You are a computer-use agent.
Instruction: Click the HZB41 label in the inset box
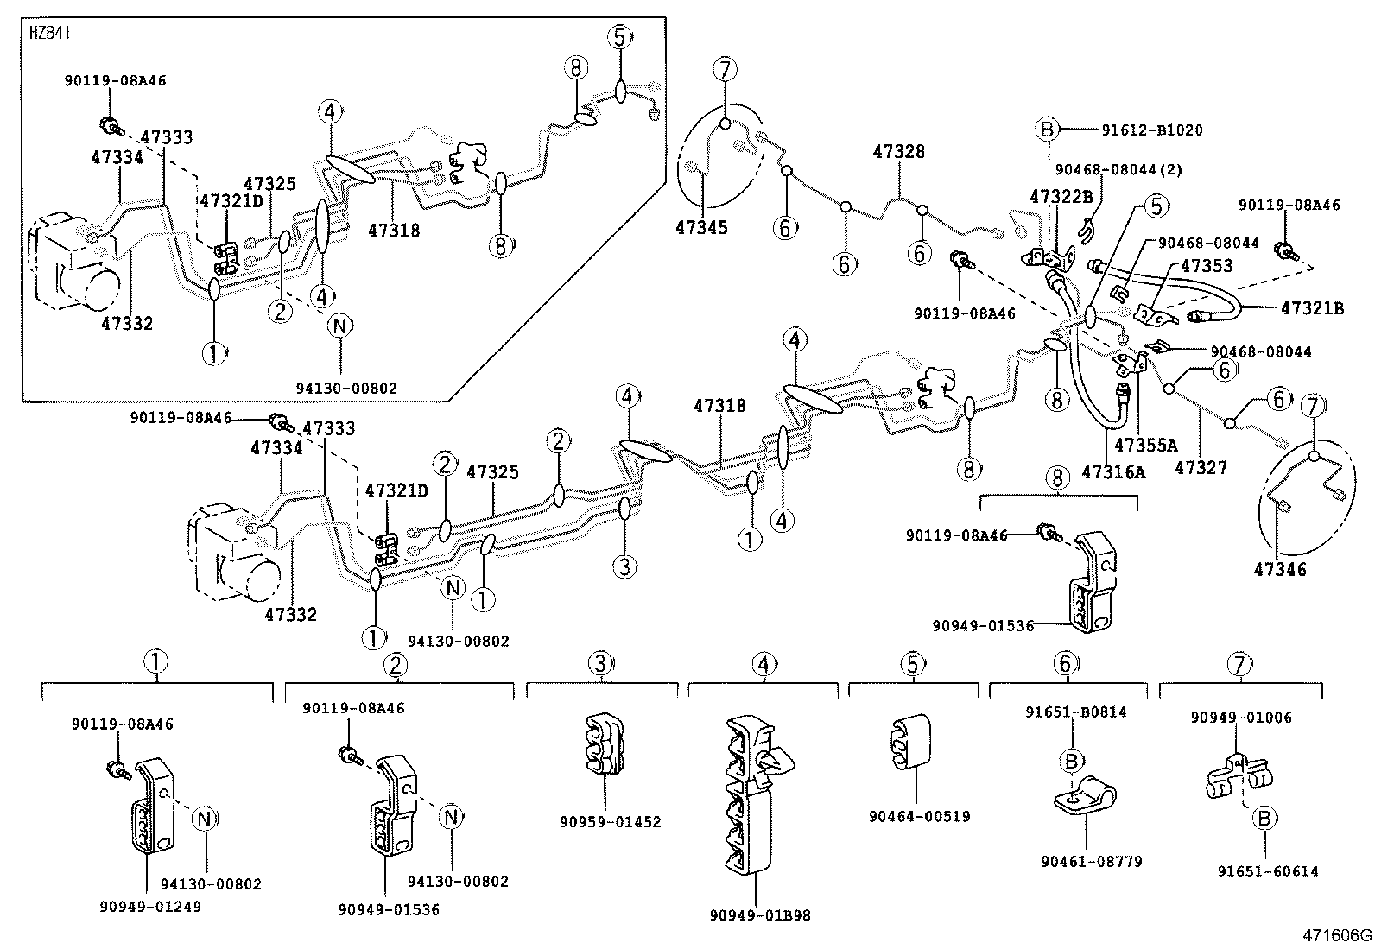(x=50, y=35)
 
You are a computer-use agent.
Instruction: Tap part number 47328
(x=898, y=152)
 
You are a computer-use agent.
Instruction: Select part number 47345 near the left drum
(x=701, y=228)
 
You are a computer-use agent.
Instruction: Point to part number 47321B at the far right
(x=1312, y=308)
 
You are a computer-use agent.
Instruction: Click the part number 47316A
(x=1113, y=471)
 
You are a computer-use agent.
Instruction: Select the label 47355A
(x=1145, y=446)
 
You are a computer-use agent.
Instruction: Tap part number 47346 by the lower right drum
(x=1280, y=569)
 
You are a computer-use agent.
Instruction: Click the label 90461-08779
(x=1091, y=861)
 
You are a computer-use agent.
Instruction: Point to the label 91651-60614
(x=1268, y=871)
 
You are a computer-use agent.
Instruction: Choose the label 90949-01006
(x=1240, y=718)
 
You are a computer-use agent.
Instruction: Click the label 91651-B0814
(x=1075, y=712)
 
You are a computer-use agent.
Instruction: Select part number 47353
(x=1207, y=266)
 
